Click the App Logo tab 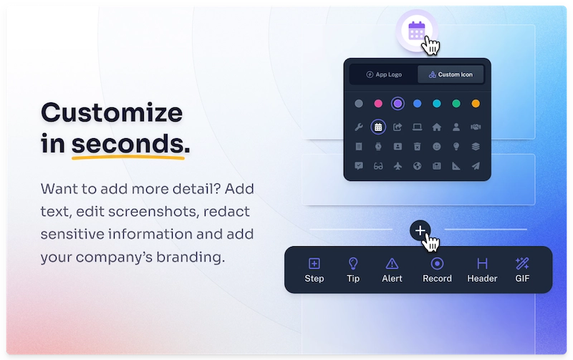coord(383,74)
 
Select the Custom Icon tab coord(451,74)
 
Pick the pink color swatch coord(378,104)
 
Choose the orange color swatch coord(476,104)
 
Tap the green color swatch coord(456,104)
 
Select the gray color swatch coord(359,104)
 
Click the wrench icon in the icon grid coord(359,127)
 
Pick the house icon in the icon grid coord(437,127)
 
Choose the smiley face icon coord(437,147)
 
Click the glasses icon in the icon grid coord(378,166)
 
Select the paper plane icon coord(476,166)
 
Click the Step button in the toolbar coord(314,270)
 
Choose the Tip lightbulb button coord(353,270)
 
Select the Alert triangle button coord(392,270)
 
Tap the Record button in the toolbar coord(437,270)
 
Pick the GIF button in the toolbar coord(522,270)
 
